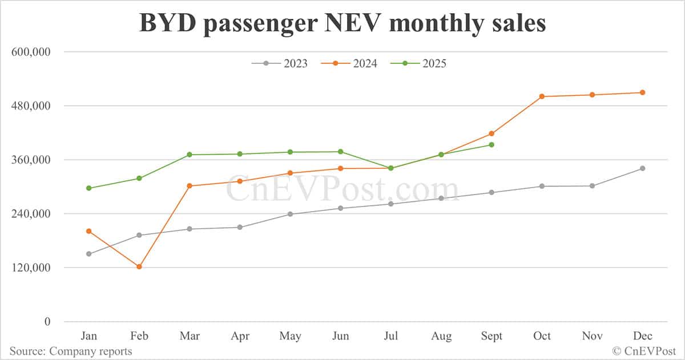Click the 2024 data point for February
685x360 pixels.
(x=139, y=266)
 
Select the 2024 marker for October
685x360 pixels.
(x=542, y=96)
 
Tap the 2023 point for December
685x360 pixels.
(x=642, y=168)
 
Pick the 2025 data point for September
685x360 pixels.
(x=491, y=145)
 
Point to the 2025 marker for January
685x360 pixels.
(x=88, y=188)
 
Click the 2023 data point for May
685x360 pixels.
(x=290, y=214)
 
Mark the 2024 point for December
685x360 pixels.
(x=642, y=92)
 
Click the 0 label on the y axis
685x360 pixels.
(x=47, y=322)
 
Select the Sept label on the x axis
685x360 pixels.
(x=491, y=336)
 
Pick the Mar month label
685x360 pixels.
(x=189, y=336)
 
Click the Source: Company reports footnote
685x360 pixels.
(x=71, y=351)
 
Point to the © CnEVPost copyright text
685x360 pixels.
(x=644, y=351)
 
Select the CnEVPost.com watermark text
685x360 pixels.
(x=342, y=189)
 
